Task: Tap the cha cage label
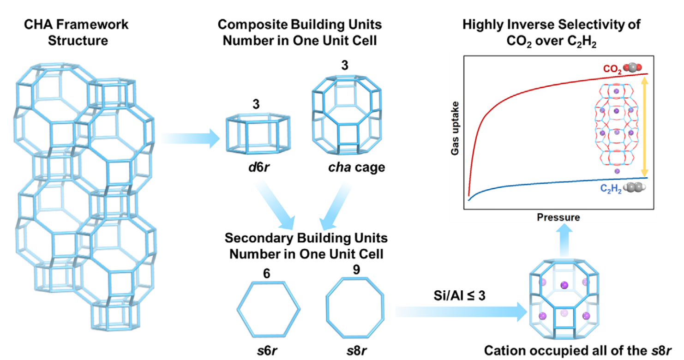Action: (x=354, y=168)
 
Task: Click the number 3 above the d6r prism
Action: (x=257, y=106)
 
